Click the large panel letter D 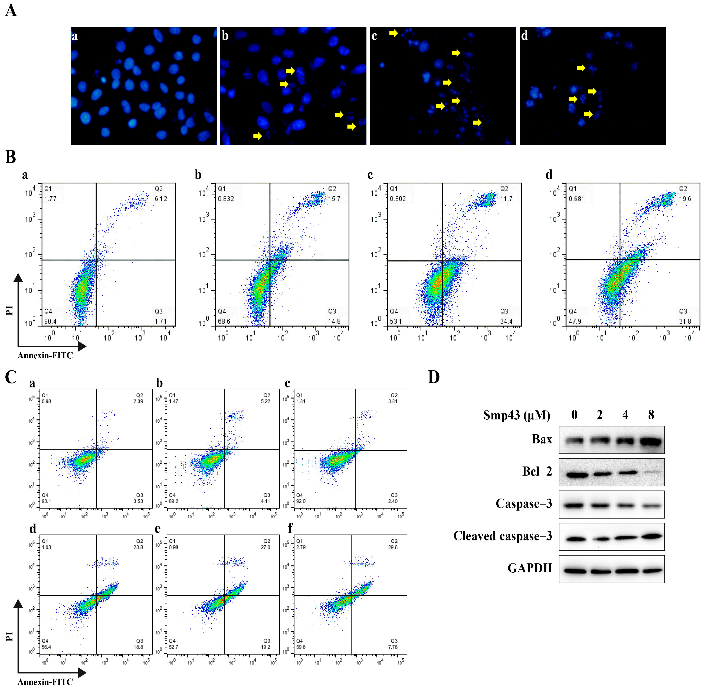click(434, 378)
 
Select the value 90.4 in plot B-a click(50, 321)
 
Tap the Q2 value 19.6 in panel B click(685, 199)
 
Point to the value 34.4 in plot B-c click(506, 321)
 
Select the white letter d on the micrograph click(524, 36)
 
